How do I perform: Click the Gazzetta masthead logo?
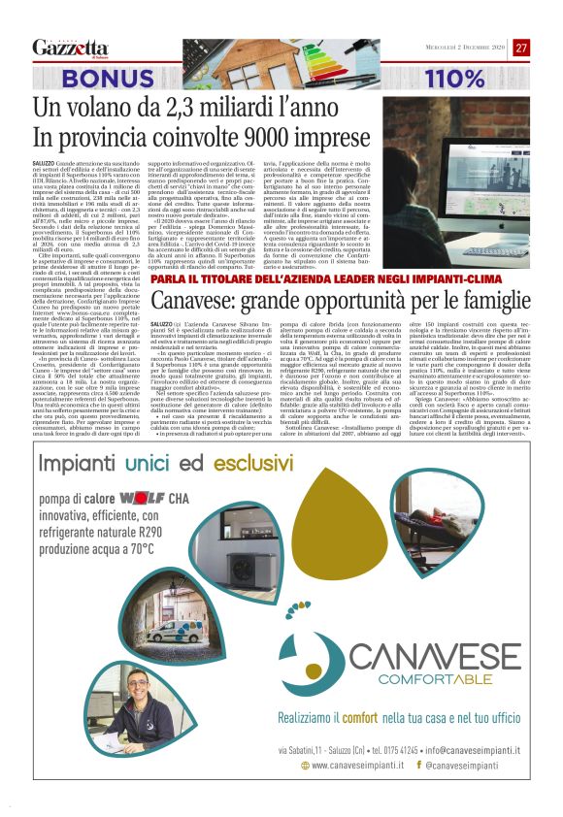coord(69,47)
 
